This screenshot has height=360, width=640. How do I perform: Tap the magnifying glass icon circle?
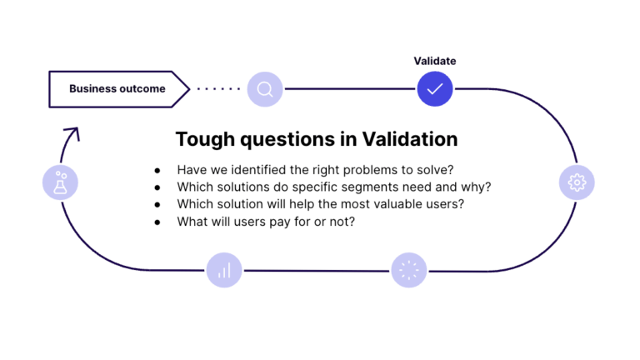265,89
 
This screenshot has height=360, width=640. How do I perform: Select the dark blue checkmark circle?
435,88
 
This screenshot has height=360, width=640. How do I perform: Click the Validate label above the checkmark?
435,61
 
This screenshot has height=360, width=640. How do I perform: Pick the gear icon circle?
577,182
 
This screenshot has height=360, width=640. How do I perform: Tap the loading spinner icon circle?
409,270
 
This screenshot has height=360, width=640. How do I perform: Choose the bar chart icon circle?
224,270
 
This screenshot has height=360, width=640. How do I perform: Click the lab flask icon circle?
60,182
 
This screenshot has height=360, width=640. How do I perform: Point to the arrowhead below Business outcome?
72,132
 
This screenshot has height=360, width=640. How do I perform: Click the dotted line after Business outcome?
218,89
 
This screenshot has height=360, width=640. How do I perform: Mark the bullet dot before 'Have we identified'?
157,169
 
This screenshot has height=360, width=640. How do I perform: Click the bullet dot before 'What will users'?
157,222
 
